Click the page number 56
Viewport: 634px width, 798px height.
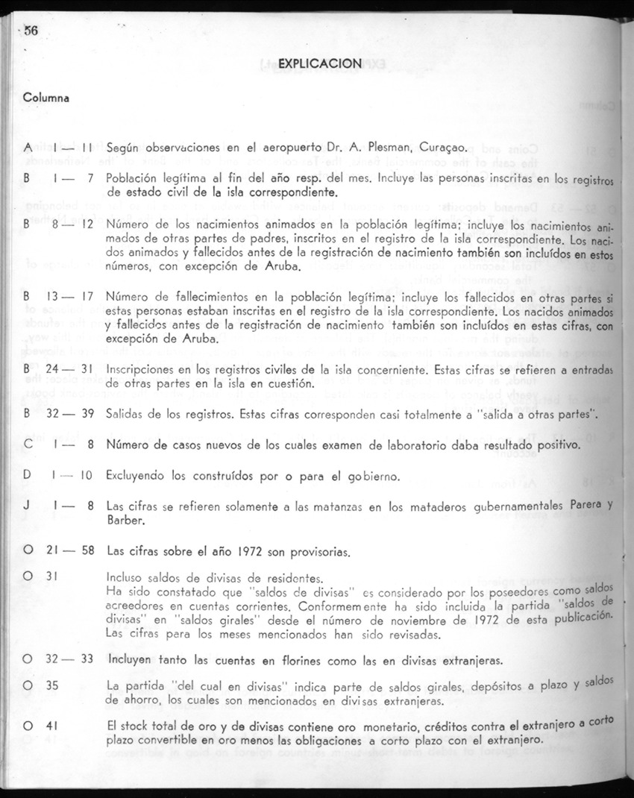[31, 31]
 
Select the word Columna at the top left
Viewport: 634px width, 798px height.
[46, 98]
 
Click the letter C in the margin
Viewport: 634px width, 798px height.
[26, 445]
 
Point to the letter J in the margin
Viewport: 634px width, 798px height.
[26, 506]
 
